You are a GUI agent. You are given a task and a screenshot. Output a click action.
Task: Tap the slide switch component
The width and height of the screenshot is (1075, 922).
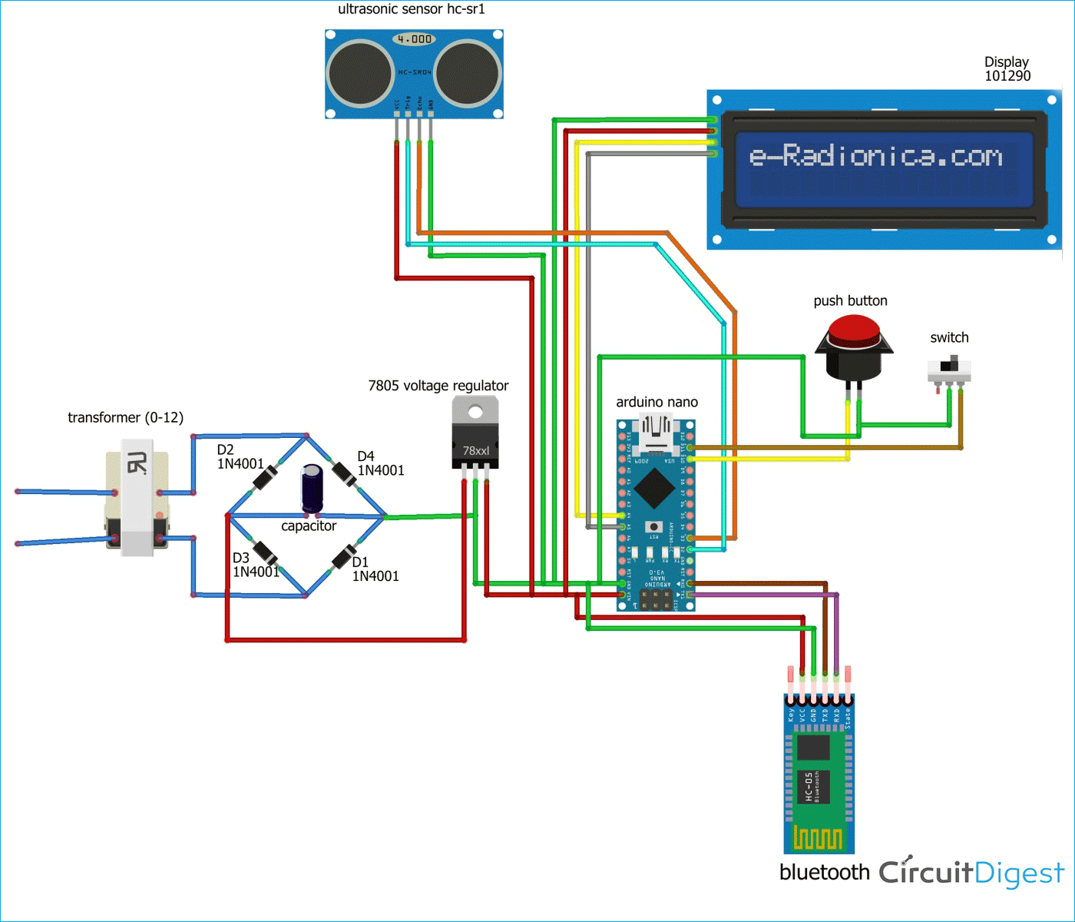pyautogui.click(x=950, y=370)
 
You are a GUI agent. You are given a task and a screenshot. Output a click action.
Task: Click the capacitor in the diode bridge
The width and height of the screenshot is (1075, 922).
pyautogui.click(x=312, y=487)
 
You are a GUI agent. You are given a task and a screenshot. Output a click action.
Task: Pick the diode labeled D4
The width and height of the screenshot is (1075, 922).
pyautogui.click(x=344, y=474)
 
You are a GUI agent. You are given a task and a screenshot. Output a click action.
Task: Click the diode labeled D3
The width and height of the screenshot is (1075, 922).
pyautogui.click(x=266, y=552)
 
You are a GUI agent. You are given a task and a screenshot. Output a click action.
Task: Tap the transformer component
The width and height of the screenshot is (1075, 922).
pyautogui.click(x=137, y=498)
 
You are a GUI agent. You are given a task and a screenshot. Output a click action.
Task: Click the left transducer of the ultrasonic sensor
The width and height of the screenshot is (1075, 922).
pyautogui.click(x=360, y=74)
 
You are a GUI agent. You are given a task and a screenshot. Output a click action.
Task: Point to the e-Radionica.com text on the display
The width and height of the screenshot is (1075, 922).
pyautogui.click(x=875, y=156)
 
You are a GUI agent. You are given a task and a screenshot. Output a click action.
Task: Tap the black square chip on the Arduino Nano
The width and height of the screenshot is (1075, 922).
pyautogui.click(x=654, y=487)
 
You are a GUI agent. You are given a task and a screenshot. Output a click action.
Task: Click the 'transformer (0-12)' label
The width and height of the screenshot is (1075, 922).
pyautogui.click(x=125, y=417)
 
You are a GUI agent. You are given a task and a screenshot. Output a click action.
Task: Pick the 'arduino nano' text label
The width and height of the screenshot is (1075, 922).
pyautogui.click(x=657, y=402)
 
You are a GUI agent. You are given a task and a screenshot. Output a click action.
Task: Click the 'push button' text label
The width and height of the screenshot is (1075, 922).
pyautogui.click(x=850, y=300)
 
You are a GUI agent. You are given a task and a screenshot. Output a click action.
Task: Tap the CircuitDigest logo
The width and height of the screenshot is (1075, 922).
pyautogui.click(x=971, y=872)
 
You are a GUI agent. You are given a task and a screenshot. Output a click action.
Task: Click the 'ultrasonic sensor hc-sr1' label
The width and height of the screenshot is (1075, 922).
pyautogui.click(x=412, y=9)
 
